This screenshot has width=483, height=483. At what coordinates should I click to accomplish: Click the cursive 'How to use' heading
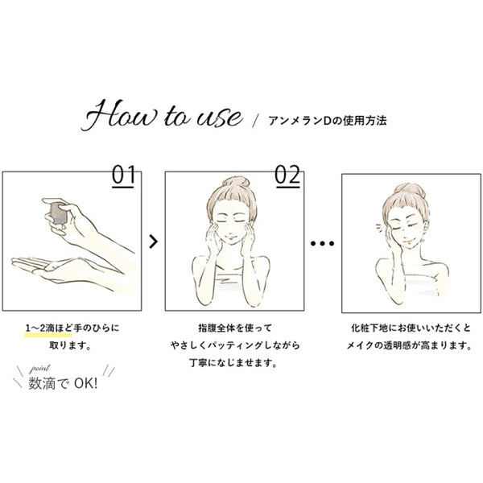coord(162,115)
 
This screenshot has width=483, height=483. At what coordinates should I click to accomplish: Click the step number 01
coord(123,175)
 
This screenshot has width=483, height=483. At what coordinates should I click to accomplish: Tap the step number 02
coord(287,175)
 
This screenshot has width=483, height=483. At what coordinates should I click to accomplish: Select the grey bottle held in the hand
coord(59,213)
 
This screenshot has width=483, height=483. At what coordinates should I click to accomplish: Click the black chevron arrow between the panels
coord(154,242)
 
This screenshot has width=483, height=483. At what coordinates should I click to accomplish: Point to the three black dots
coord(322,243)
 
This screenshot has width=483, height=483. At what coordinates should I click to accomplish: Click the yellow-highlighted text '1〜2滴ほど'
coord(48,328)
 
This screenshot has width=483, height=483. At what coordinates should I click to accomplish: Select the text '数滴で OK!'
coord(63,384)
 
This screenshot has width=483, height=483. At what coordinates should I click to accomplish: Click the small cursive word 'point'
coord(39,369)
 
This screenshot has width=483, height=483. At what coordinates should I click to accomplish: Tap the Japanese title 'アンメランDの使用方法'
coord(327,121)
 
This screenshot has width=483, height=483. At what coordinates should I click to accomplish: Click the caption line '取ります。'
coord(70,345)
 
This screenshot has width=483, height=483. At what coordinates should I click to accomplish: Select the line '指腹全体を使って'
coord(235,328)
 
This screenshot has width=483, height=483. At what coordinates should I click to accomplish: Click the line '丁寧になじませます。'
coord(233,363)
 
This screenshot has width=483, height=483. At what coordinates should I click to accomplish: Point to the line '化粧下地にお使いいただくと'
coord(411,328)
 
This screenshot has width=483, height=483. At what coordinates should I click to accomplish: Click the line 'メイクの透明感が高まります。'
coord(410,345)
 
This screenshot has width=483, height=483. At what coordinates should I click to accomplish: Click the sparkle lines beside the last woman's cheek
coord(378,229)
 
